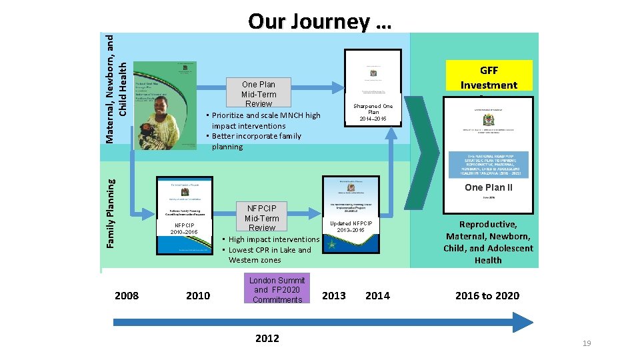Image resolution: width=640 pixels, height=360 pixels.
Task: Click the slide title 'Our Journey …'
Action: [x=319, y=21]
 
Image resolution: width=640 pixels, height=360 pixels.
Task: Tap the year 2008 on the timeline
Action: [x=127, y=295]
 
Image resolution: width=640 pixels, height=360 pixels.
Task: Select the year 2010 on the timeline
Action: [x=198, y=295]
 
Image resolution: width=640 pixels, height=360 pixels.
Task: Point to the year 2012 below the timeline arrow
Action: [x=267, y=338]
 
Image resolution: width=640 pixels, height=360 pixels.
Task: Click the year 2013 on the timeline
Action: [x=334, y=295]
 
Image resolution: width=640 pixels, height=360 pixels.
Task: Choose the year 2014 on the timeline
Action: [x=377, y=295]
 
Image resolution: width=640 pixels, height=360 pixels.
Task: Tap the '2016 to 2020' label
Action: [x=487, y=295]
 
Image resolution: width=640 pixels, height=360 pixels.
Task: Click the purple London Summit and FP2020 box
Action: [x=277, y=290]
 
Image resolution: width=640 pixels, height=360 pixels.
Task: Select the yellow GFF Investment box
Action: [x=489, y=77]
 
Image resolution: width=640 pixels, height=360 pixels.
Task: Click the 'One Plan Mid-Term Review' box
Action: [x=259, y=93]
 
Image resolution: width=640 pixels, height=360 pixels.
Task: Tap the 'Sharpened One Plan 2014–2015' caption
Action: [x=373, y=112]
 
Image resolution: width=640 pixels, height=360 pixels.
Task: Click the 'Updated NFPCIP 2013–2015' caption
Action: [x=351, y=227]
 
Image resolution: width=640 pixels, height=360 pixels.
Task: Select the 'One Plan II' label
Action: [x=489, y=187]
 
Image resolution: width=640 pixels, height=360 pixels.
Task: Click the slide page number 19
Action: [x=587, y=343]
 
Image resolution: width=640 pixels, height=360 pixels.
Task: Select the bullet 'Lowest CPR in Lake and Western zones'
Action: [x=269, y=255]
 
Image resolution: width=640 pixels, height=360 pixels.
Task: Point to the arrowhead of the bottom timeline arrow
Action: [x=523, y=322]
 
